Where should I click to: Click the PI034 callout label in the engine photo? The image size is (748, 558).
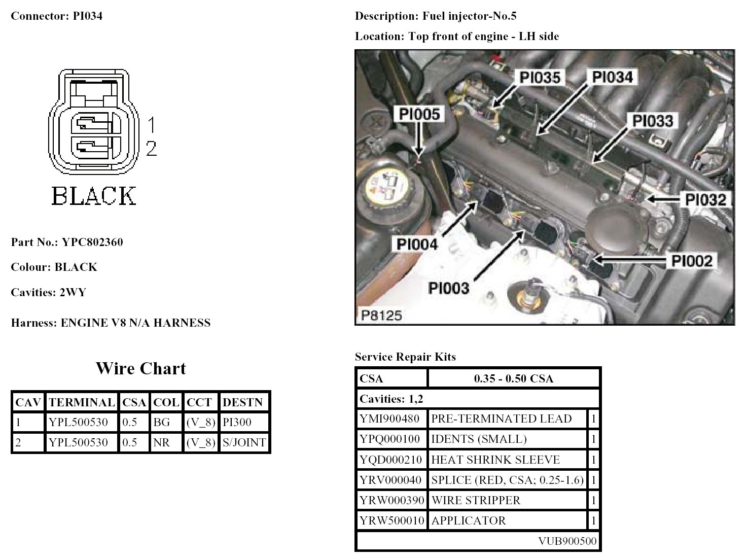pos(613,78)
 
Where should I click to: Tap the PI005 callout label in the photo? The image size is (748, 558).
pos(419,114)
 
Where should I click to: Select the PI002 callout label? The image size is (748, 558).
pos(692,261)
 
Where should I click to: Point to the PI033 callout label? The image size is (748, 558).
pos(653,121)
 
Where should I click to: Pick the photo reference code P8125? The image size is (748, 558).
pos(381,316)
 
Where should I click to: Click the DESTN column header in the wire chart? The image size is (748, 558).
pos(242,403)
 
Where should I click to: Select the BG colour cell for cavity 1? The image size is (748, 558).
pos(162,422)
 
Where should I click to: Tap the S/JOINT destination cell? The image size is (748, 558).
pos(244,442)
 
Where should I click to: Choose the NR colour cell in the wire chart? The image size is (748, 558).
pos(161,442)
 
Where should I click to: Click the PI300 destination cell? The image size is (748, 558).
pos(237,422)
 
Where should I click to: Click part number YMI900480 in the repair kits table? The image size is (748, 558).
pos(390,419)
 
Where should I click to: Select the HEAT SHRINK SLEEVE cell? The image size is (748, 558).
pos(495,460)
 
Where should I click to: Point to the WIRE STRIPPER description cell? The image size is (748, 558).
pos(476,501)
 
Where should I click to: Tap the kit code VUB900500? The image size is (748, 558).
pos(567,541)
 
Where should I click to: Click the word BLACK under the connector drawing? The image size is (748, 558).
pos(94,196)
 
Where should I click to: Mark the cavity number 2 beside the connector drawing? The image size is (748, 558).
pos(151,149)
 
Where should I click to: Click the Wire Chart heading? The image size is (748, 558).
pos(141,368)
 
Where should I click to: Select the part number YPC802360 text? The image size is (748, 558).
pos(92,242)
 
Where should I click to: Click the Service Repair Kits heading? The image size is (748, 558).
pos(405,357)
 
